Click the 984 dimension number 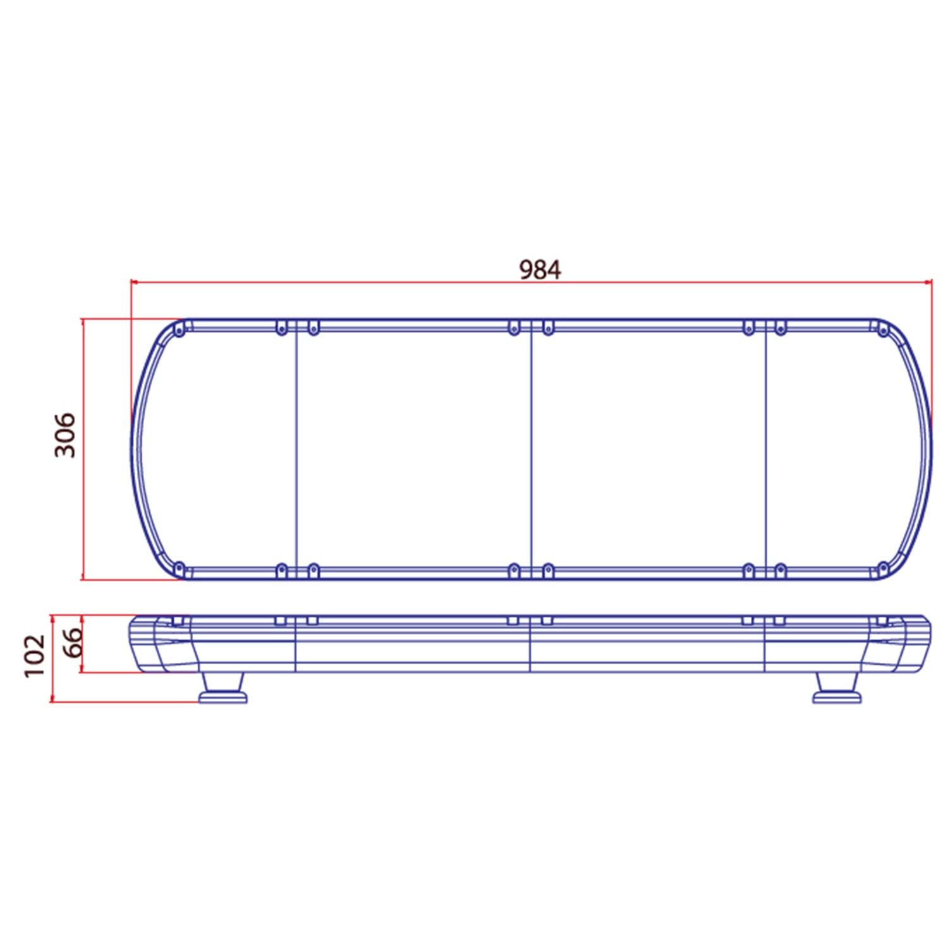540,270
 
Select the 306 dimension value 65,435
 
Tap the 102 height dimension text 35,656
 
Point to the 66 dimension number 73,642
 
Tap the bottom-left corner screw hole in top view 179,568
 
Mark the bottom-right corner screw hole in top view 883,568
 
